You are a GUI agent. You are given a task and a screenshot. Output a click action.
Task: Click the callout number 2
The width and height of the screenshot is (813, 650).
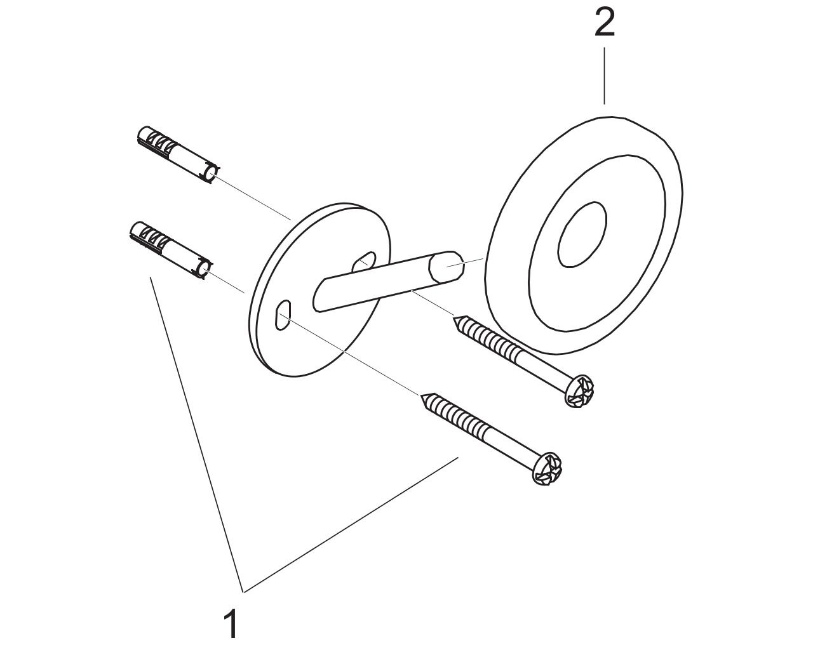[x=604, y=23]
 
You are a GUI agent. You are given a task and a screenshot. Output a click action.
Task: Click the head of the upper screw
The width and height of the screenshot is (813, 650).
[x=579, y=391]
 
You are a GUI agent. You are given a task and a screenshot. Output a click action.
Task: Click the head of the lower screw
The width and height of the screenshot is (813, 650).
[x=548, y=468]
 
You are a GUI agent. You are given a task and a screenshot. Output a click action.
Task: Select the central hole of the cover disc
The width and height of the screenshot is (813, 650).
[x=582, y=234]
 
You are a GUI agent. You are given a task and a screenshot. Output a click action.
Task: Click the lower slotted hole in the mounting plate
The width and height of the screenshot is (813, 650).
[x=283, y=315]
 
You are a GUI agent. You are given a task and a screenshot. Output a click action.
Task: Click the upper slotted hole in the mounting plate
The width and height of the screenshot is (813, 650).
[x=364, y=262]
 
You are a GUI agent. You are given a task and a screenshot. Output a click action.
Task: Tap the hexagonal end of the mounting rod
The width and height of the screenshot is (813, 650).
[x=446, y=267]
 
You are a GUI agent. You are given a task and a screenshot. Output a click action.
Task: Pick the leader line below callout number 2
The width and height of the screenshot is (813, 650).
[x=605, y=76]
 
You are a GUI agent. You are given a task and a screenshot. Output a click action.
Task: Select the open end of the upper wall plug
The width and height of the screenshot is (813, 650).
[x=210, y=173]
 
